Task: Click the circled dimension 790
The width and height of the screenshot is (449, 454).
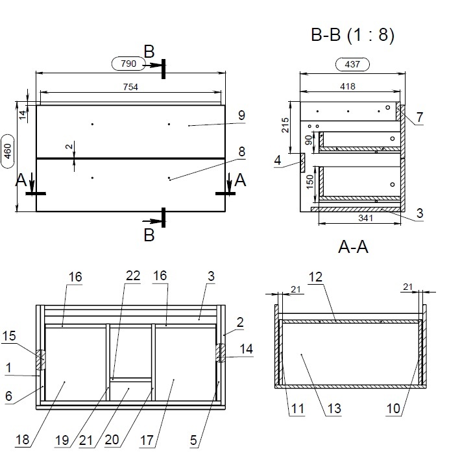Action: [128, 64]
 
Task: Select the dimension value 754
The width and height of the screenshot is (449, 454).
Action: [130, 88]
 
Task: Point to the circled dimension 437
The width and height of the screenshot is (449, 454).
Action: [352, 64]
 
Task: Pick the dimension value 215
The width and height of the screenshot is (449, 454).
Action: [286, 125]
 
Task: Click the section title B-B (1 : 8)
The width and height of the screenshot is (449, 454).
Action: [352, 34]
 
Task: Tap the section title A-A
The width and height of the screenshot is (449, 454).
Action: [354, 247]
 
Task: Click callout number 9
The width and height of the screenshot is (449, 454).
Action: [241, 115]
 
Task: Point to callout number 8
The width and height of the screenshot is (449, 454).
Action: [241, 152]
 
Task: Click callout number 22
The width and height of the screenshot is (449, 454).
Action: [133, 276]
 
